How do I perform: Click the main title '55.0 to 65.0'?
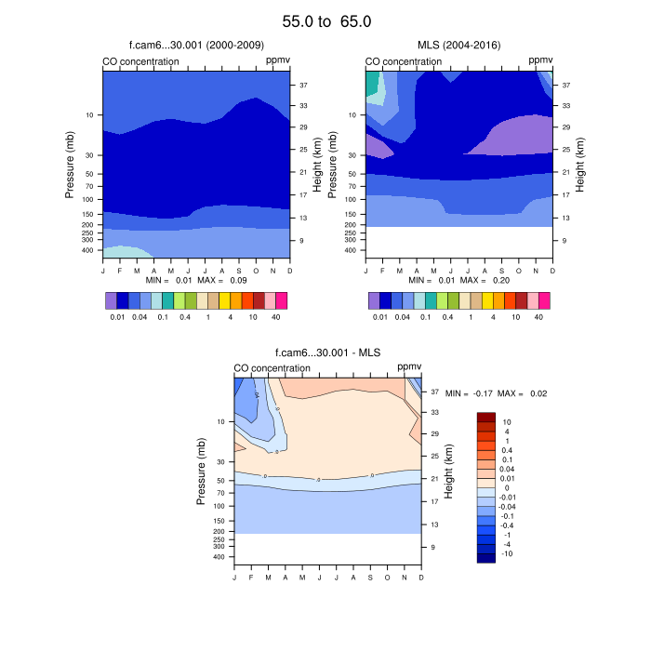pyautogui.click(x=325, y=20)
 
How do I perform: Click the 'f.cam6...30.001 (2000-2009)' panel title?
pyautogui.click(x=196, y=46)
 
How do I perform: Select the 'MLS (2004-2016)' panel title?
pyautogui.click(x=458, y=46)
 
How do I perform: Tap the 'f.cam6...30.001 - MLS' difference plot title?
pyautogui.click(x=327, y=352)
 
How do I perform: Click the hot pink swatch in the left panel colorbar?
pyautogui.click(x=282, y=300)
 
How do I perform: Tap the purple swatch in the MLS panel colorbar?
pyautogui.click(x=374, y=300)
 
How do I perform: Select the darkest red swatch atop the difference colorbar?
pyautogui.click(x=486, y=418)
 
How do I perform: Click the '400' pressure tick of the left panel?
pyautogui.click(x=89, y=250)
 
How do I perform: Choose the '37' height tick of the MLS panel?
pyautogui.click(x=565, y=85)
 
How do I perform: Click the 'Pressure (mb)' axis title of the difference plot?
pyautogui.click(x=201, y=472)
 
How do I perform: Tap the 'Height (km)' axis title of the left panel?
pyautogui.click(x=317, y=164)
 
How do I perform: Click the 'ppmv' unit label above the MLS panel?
pyautogui.click(x=540, y=60)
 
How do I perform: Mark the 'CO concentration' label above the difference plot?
pyautogui.click(x=272, y=368)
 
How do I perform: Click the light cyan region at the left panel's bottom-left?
pyautogui.click(x=121, y=252)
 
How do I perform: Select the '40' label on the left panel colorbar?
pyautogui.click(x=276, y=317)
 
